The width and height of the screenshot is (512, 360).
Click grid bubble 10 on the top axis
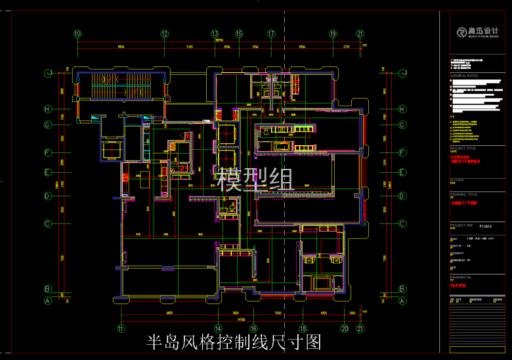pos(77,34)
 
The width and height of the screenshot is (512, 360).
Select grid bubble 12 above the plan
pos(164,34)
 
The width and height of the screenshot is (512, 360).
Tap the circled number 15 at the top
pos(239,34)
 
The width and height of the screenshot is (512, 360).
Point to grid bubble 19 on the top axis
pos(333,34)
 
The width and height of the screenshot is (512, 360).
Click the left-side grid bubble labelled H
pos(47,109)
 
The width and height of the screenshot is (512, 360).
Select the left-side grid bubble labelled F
pos(47,152)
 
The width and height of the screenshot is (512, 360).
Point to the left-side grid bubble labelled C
pos(47,223)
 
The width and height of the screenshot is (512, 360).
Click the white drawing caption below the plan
pos(233,342)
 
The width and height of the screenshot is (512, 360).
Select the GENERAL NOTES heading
pos(467,76)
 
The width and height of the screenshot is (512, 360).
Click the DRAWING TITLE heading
pos(464,194)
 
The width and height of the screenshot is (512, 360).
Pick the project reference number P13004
pos(486,225)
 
